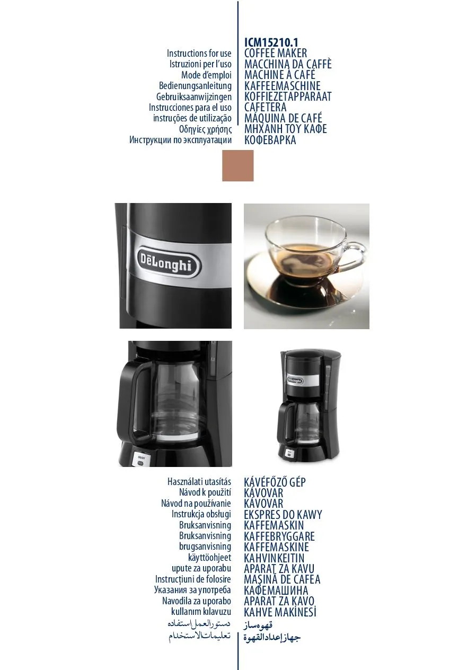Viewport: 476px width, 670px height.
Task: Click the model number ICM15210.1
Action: pos(271,42)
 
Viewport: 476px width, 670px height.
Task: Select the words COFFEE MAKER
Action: pos(276,53)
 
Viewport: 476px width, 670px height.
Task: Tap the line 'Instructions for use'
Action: pos(199,54)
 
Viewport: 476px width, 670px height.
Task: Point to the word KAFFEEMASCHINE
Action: pos(283,86)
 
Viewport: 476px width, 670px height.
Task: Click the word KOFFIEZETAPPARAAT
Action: pos(288,96)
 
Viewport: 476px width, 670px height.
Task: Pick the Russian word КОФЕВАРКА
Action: pos(270,140)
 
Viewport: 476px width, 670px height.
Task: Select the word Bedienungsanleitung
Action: pos(195,86)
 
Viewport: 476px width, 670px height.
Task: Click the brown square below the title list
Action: pos(238,166)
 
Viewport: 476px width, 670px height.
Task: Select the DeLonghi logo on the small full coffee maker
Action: pos(295,380)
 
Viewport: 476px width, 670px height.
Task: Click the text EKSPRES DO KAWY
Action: pos(283,515)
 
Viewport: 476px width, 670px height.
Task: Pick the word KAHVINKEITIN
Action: pos(274,558)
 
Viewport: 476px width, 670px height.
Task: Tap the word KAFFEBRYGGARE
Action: pos(279,536)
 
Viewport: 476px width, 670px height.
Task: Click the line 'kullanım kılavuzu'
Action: pos(201,612)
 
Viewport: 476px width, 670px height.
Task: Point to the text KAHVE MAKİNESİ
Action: pos(280,612)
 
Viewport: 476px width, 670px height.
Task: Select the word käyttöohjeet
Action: pos(210,558)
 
